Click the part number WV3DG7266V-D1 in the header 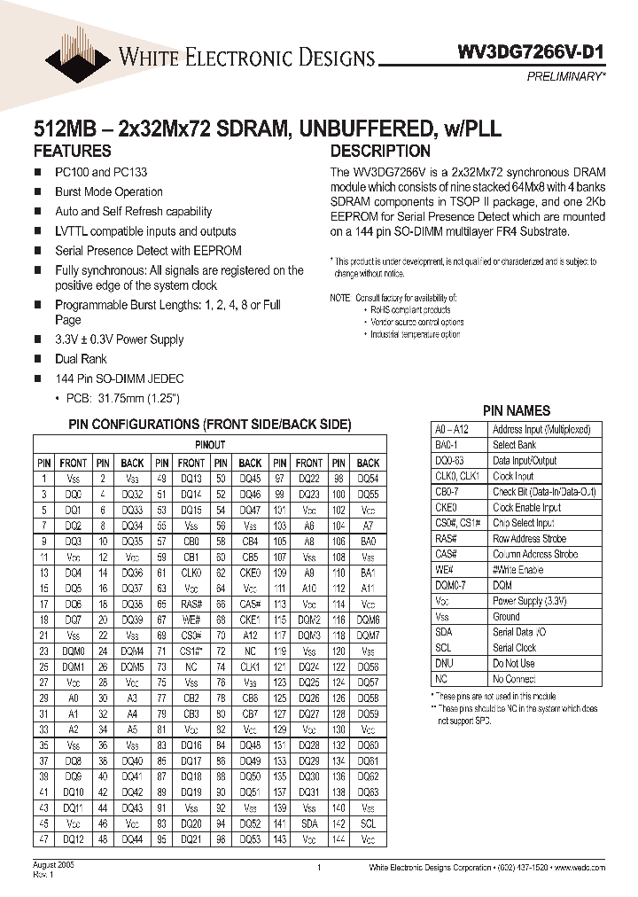536,52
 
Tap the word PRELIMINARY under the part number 567,77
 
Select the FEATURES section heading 73,151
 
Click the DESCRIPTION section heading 380,151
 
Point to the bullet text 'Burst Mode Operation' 109,191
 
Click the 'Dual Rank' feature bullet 81,359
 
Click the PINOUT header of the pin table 209,445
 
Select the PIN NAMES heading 516,410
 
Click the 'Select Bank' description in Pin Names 515,445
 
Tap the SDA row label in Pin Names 444,632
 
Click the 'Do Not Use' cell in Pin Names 514,663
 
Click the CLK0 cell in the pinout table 191,573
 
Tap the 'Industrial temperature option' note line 416,334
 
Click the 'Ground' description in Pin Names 507,616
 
